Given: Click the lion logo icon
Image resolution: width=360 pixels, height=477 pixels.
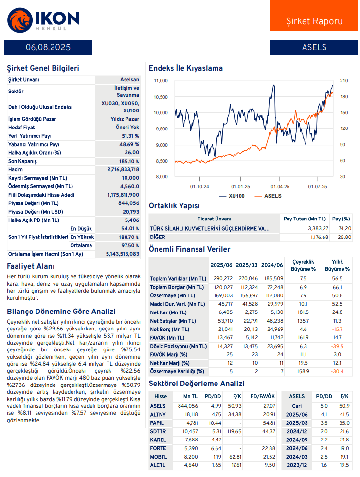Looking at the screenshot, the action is pos(20,20).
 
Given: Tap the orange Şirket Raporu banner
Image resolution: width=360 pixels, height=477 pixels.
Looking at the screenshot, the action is pos(314,16).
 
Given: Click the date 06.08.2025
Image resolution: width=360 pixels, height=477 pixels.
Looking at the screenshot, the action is pos(48,47).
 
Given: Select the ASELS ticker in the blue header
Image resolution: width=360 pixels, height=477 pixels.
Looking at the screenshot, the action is pos(314,47).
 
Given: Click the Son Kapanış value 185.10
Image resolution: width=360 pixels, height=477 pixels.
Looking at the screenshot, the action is pos(129,161).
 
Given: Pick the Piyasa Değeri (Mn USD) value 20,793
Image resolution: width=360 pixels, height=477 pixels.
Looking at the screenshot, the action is pos(131,212).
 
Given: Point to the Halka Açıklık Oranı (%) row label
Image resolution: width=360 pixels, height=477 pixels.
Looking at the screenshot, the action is pos(35,153).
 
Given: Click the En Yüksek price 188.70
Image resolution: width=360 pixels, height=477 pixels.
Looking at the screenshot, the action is pos(129,237).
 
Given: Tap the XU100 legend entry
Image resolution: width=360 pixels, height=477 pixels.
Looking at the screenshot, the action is pos(232,196).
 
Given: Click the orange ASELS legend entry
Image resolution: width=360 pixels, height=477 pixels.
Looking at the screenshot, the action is pos(268,196).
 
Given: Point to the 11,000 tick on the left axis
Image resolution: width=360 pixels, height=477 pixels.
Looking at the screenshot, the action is pos(161,81).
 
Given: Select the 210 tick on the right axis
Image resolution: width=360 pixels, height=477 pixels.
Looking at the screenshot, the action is pos(344,81).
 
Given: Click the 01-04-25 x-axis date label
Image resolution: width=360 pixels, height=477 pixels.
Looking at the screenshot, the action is pos(280,186).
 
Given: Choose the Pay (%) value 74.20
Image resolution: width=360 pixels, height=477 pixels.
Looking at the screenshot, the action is pos(345,228).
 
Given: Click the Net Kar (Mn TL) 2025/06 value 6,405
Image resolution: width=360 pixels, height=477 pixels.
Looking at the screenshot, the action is pos(226,312).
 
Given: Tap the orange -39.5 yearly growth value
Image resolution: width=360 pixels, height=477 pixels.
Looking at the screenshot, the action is pos(337,346).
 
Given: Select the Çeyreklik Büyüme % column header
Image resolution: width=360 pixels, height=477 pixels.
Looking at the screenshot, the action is pos(303,265).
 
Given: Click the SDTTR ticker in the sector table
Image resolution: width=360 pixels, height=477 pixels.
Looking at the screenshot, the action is pos(158,431).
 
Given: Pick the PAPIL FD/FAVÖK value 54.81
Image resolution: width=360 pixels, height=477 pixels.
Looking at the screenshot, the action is pos(269,423).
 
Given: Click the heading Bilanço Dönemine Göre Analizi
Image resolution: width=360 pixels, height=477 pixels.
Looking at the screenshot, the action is pos(61,312).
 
